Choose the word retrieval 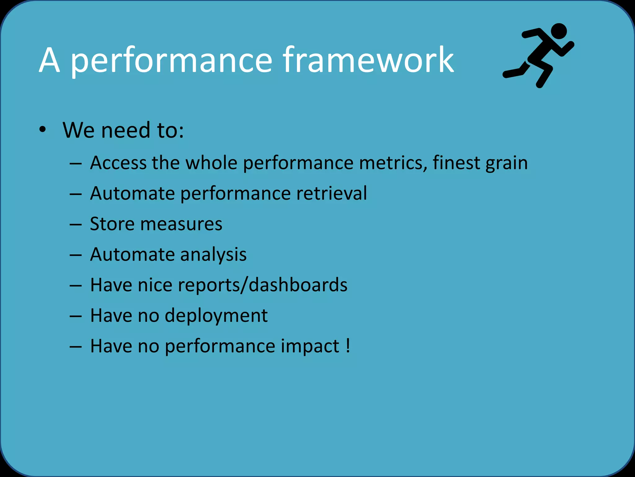pyautogui.click(x=331, y=193)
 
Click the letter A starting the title pyautogui.click(x=49, y=60)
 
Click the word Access pyautogui.click(x=118, y=163)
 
